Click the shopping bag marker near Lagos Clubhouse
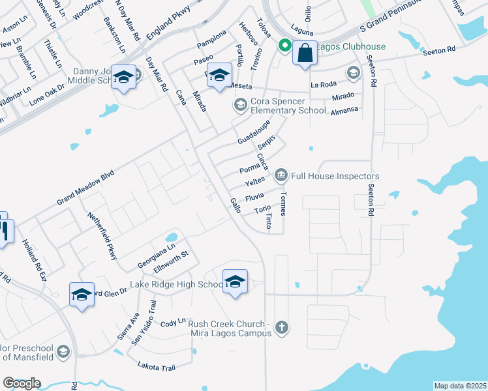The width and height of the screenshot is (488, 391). (x=305, y=53)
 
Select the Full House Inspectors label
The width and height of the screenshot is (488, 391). (x=335, y=176)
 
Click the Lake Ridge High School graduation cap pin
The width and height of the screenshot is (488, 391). (x=235, y=282)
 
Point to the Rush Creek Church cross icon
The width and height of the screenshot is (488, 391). (x=281, y=327)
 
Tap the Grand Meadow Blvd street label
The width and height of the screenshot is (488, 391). (x=85, y=188)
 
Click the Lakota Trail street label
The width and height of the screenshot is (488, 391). (x=157, y=367)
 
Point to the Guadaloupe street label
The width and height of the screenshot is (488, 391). (x=254, y=133)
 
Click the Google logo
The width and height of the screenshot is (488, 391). (x=22, y=383)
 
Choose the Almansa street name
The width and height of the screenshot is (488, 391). (x=344, y=110)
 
